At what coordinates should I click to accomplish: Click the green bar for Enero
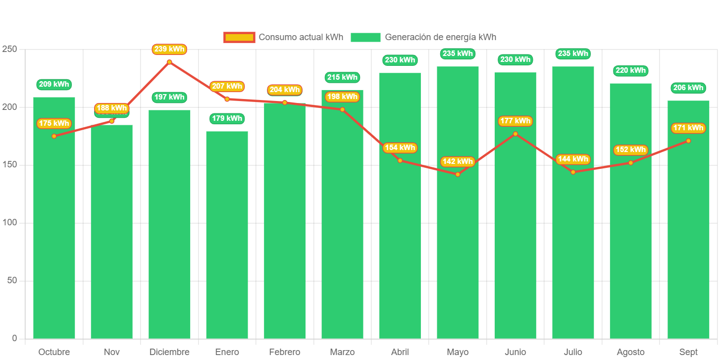[227, 235]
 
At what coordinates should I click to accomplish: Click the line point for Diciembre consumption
[169, 62]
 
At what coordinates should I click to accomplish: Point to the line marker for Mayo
[458, 174]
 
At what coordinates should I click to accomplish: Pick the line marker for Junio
[515, 134]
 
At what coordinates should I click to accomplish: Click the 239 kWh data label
[169, 49]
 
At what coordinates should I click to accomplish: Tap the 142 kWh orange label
[458, 161]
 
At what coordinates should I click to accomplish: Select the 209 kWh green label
[54, 84]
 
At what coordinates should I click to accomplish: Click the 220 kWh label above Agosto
[631, 70]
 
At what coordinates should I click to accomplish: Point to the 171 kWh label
[688, 128]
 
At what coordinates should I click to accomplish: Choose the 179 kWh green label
[227, 118]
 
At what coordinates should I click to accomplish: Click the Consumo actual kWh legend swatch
[239, 37]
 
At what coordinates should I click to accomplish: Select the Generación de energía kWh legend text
[440, 37]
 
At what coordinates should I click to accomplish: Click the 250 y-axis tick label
[9, 49]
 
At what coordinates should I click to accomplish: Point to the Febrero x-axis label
[285, 352]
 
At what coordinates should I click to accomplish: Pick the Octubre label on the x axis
[54, 352]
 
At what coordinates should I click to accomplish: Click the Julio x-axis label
[573, 352]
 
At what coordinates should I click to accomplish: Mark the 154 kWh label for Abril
[400, 148]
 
